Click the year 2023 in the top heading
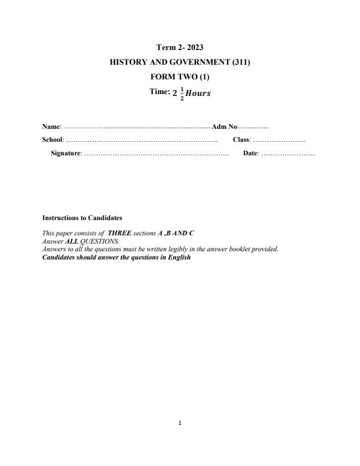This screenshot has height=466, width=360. click(194, 47)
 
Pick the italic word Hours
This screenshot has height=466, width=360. click(198, 93)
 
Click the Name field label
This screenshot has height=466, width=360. click(51, 127)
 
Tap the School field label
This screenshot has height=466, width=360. click(52, 140)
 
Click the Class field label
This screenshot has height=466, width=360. click(241, 140)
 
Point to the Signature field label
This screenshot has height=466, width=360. click(66, 154)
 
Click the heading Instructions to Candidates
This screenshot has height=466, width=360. click(82, 218)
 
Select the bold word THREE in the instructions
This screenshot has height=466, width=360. click(119, 234)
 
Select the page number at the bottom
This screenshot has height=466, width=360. click(180, 422)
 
